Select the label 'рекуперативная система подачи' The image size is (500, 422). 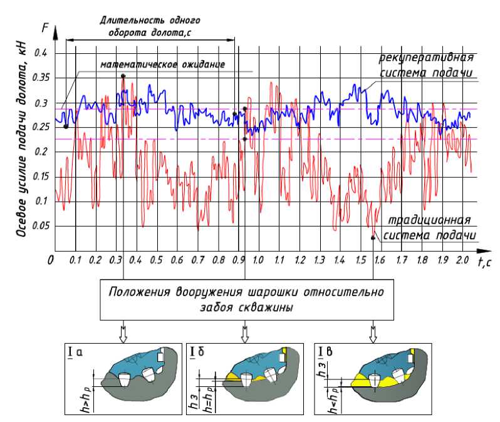coord(425,66)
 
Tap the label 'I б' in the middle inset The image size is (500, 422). coord(198,352)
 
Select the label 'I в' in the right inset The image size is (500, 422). coord(327,352)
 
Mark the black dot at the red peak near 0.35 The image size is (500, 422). coord(123,76)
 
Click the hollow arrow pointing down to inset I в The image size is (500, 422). coord(373,333)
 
